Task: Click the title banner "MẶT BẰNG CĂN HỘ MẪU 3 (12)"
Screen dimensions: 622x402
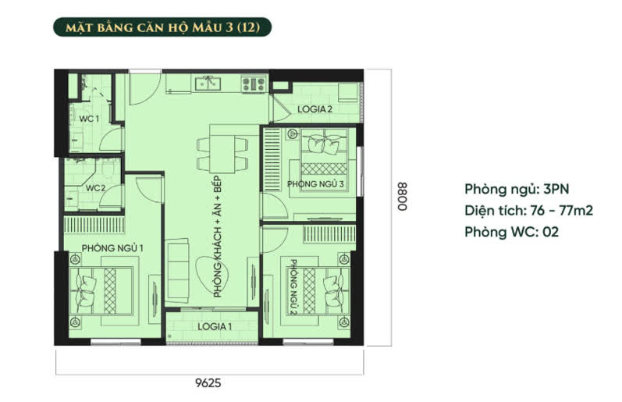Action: click(162, 27)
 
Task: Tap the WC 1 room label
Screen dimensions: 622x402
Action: click(89, 119)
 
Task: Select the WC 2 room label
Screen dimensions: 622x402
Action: click(95, 187)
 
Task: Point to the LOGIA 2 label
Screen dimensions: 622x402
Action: click(315, 109)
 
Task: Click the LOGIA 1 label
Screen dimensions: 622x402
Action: click(215, 326)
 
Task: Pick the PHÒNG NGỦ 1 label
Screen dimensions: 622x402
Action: click(112, 248)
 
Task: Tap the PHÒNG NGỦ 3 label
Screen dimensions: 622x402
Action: click(315, 184)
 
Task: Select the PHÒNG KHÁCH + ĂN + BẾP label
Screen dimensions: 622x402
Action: click(218, 237)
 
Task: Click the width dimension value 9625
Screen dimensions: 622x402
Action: click(208, 383)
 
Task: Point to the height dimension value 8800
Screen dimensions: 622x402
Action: click(402, 197)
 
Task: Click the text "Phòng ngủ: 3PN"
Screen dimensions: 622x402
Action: click(517, 190)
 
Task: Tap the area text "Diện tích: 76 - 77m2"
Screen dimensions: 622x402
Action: click(528, 210)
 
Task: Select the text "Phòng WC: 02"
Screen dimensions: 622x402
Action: click(511, 232)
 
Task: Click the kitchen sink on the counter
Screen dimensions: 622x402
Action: click(208, 83)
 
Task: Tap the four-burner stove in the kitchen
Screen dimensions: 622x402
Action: click(254, 84)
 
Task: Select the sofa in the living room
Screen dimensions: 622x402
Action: click(177, 271)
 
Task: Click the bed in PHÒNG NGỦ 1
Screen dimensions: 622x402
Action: click(101, 291)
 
